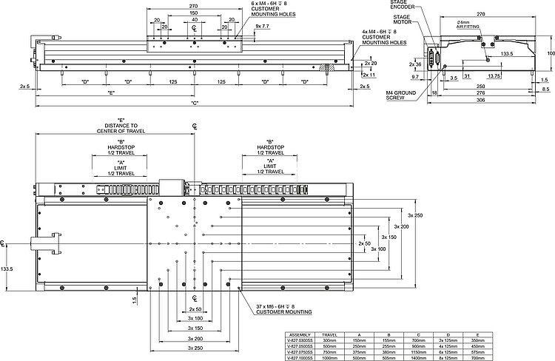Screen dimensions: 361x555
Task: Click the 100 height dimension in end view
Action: click(550, 53)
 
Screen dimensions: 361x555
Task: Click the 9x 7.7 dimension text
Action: click(263, 26)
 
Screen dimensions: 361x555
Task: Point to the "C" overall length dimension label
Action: click(195, 102)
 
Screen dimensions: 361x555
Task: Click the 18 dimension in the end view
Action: click(434, 92)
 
